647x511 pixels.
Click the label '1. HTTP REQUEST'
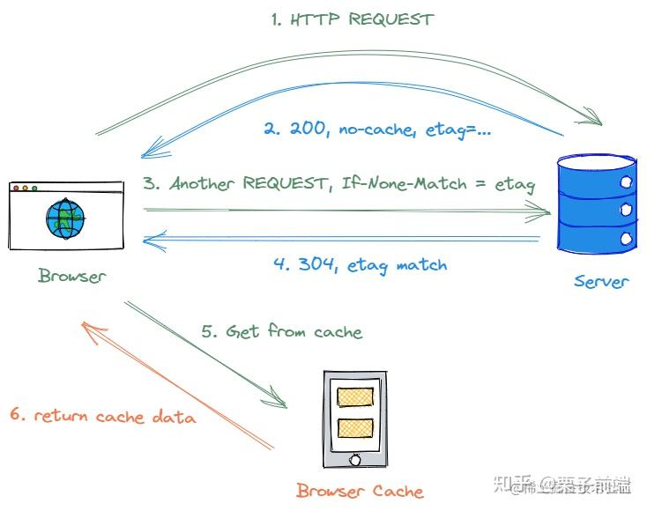pos(353,19)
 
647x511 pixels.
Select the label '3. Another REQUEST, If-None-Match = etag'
pos(339,184)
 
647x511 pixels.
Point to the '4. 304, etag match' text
pos(359,264)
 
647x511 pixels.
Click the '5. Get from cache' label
pos(281,331)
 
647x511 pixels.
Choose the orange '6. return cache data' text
pos(103,416)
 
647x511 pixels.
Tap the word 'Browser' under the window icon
pos(71,276)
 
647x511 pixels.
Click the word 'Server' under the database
pos(601,282)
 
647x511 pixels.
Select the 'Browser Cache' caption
pos(359,492)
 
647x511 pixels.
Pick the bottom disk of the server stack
pos(597,235)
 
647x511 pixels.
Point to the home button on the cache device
pos(355,459)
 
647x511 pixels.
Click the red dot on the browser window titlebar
pos(17,188)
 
